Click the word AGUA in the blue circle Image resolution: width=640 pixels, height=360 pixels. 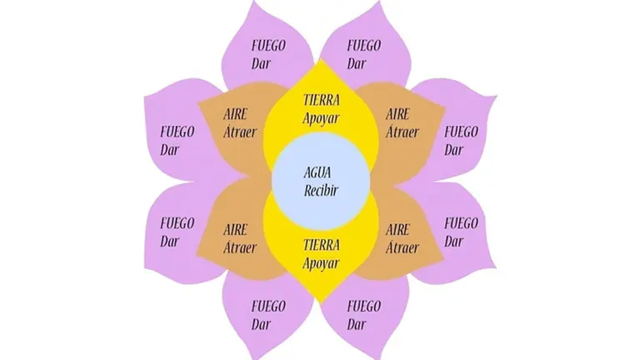point(317,172)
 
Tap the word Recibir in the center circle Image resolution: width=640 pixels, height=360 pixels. point(321,191)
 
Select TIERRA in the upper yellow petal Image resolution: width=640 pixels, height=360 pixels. point(322,100)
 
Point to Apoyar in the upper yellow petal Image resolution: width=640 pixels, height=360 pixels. point(321,118)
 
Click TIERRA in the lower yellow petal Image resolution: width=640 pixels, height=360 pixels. point(322,245)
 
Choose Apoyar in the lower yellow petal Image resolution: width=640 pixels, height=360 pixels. point(321,263)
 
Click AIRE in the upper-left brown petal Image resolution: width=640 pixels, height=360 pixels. point(236,114)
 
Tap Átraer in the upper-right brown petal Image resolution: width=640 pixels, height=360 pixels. point(402,132)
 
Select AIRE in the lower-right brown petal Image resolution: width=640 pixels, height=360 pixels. point(398,230)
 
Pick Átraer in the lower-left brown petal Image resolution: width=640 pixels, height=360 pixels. point(240,247)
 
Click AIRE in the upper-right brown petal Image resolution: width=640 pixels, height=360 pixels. point(398,114)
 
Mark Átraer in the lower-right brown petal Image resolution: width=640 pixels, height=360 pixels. point(402,247)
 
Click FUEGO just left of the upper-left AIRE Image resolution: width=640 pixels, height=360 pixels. point(177,132)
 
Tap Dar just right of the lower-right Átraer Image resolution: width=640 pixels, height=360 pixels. point(454,241)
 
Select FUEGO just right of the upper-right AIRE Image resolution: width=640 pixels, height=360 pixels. point(461,132)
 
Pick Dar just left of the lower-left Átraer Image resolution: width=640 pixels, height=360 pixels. point(170,241)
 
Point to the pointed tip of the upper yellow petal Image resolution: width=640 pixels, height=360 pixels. point(322,60)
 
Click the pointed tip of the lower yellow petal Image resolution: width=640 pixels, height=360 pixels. point(322,303)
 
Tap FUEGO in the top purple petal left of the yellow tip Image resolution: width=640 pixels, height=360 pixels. point(268,45)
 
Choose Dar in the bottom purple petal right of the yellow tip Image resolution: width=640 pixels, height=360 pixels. point(357,324)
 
